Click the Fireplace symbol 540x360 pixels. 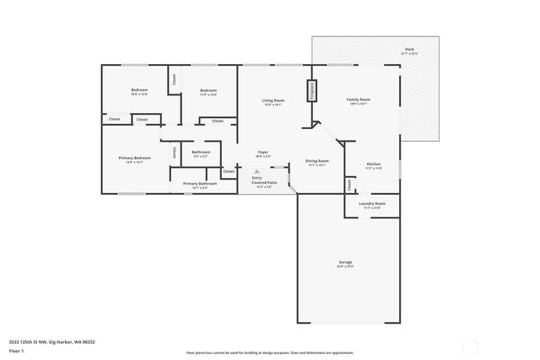[x=310, y=90]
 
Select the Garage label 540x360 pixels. [x=346, y=264]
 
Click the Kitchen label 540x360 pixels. [x=374, y=165]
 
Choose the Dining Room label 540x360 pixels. [x=317, y=162]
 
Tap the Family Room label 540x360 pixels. [x=359, y=101]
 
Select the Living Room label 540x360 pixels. [x=273, y=102]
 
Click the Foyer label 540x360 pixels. [x=263, y=153]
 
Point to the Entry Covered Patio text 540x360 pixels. [x=262, y=182]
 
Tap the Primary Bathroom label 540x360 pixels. [x=200, y=184]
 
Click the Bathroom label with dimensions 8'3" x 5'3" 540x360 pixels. [x=201, y=153]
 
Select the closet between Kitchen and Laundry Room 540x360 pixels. [x=348, y=184]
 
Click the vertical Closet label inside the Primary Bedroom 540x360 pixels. [x=175, y=153]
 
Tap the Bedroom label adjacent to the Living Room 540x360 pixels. [x=208, y=92]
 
